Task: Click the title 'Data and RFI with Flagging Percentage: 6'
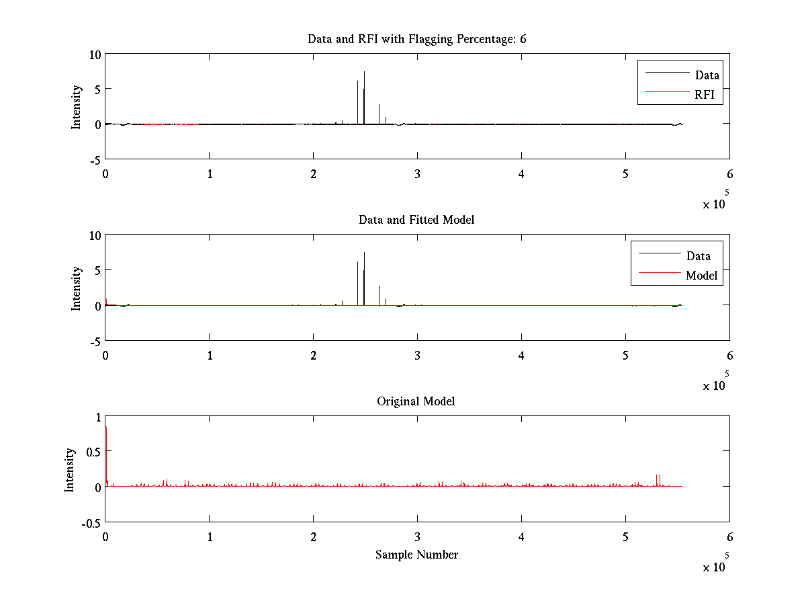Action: click(x=416, y=39)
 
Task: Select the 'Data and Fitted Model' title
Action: click(x=416, y=220)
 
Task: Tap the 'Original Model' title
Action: click(x=416, y=401)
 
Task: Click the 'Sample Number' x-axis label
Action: click(x=416, y=555)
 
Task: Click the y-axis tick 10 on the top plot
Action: click(x=94, y=55)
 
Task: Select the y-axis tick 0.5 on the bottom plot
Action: click(x=92, y=451)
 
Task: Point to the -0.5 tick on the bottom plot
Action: click(x=90, y=522)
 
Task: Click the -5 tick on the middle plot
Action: click(x=94, y=341)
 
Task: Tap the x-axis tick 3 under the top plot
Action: click(x=417, y=173)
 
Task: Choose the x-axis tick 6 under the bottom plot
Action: click(x=729, y=536)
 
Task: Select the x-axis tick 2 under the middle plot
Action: click(x=313, y=355)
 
